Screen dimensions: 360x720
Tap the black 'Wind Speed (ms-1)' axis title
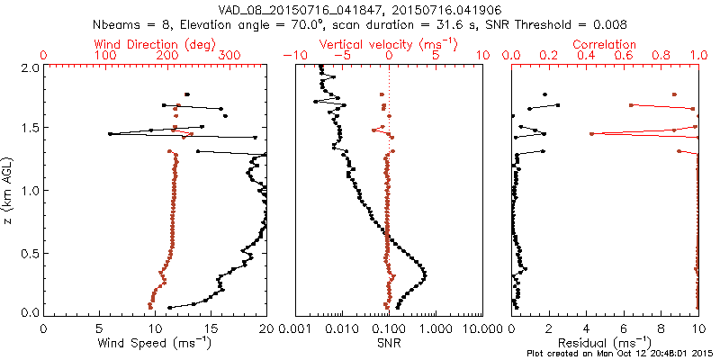[x=155, y=343]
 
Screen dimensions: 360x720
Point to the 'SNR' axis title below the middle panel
[x=389, y=343]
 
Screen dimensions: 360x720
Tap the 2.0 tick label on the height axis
[x=29, y=67]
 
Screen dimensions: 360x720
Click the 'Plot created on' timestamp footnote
[x=621, y=354]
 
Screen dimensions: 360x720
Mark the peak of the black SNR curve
[x=424, y=274]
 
